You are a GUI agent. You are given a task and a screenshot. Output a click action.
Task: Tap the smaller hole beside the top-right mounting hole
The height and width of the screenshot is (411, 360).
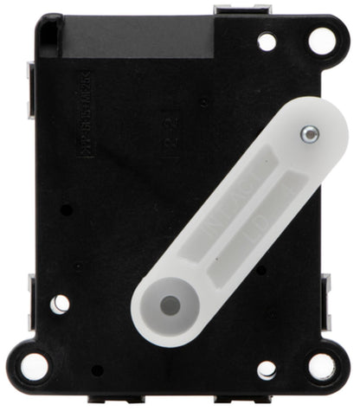point(267,41)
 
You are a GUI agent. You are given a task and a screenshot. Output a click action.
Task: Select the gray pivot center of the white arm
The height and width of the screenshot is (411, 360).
point(170,305)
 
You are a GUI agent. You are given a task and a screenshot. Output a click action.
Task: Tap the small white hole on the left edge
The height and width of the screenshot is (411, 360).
point(59,304)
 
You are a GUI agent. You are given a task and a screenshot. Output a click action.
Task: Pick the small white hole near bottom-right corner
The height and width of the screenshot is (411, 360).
point(267,369)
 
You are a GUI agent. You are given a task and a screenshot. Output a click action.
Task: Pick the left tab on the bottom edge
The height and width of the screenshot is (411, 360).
point(107,400)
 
